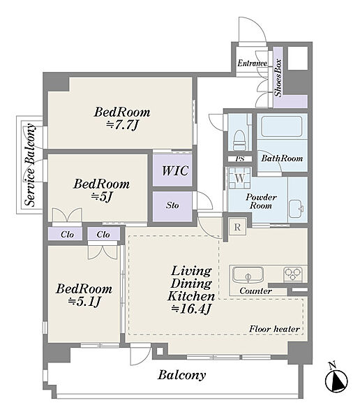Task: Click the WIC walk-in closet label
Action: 175,170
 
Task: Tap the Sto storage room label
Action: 172,205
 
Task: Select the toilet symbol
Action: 239,140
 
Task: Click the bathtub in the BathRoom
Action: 281,126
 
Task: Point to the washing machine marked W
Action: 239,178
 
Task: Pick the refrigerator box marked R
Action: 237,227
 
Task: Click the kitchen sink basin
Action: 248,275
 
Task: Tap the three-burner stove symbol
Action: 293,274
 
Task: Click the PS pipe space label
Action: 240,159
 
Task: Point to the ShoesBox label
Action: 278,78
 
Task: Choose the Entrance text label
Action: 253,64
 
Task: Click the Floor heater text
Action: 275,329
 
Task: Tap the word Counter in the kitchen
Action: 255,291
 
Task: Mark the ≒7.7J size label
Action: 122,125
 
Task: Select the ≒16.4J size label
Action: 191,309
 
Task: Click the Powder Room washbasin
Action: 297,209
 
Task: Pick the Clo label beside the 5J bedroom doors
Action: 67,235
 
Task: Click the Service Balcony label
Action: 30,165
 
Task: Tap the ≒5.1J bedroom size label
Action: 84,302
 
